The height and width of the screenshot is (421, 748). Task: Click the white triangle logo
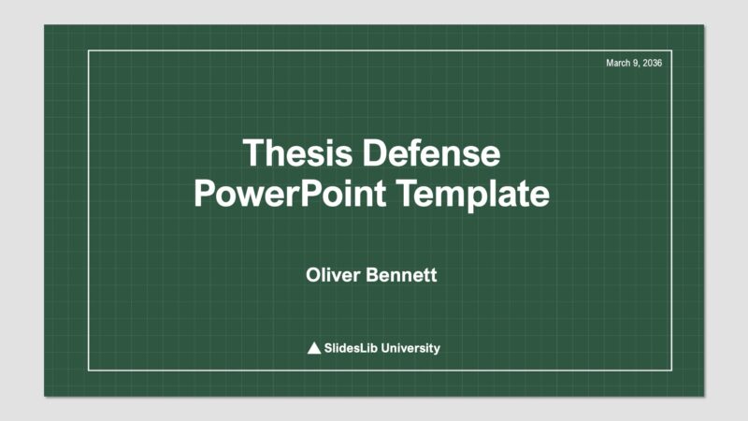(x=314, y=348)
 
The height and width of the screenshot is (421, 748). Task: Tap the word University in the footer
(x=410, y=348)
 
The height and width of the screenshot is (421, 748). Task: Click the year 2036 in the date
(x=653, y=63)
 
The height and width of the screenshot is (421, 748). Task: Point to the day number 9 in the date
(x=636, y=63)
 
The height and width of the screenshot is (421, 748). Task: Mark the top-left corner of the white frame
(x=89, y=51)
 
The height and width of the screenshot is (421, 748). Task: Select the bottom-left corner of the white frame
(x=89, y=370)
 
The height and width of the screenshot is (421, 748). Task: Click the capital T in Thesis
(x=252, y=153)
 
